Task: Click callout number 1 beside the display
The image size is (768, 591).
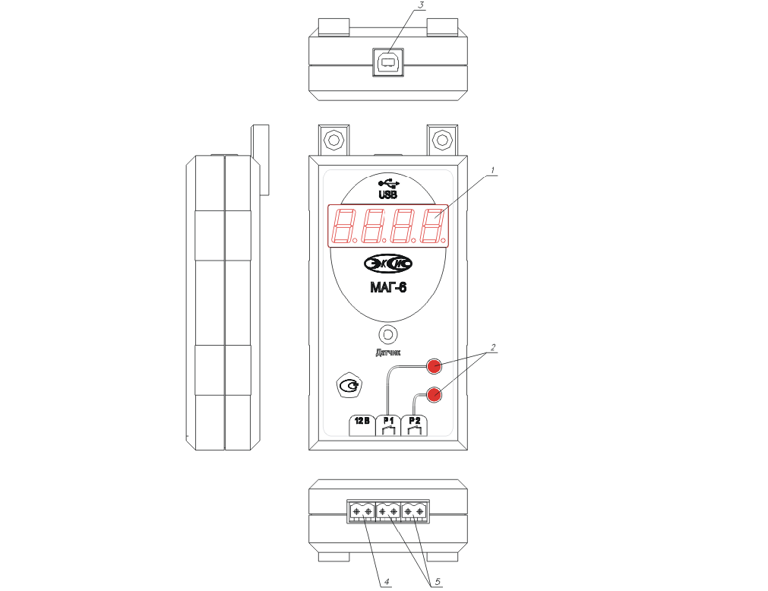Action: click(493, 170)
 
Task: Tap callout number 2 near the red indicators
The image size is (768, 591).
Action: click(493, 347)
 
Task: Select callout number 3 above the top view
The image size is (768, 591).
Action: click(420, 5)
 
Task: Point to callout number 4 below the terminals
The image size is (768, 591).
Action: click(387, 582)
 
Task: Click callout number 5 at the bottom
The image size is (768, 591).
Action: click(438, 582)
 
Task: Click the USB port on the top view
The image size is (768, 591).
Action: click(388, 62)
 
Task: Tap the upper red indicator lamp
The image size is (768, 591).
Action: click(434, 365)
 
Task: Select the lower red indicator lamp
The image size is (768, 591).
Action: click(434, 394)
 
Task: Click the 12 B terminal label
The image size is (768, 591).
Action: click(362, 421)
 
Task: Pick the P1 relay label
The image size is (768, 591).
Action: click(388, 421)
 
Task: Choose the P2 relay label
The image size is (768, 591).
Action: click(414, 421)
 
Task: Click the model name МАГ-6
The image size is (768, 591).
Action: click(388, 287)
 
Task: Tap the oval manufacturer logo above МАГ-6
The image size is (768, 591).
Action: click(388, 264)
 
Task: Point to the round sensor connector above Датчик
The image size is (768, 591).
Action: click(388, 334)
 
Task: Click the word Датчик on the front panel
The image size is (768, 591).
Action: click(388, 352)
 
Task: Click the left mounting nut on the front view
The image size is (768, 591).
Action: click(334, 141)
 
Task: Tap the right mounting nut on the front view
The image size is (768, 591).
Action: click(442, 141)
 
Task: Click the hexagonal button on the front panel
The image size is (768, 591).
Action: click(349, 387)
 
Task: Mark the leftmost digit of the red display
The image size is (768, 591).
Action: click(346, 226)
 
